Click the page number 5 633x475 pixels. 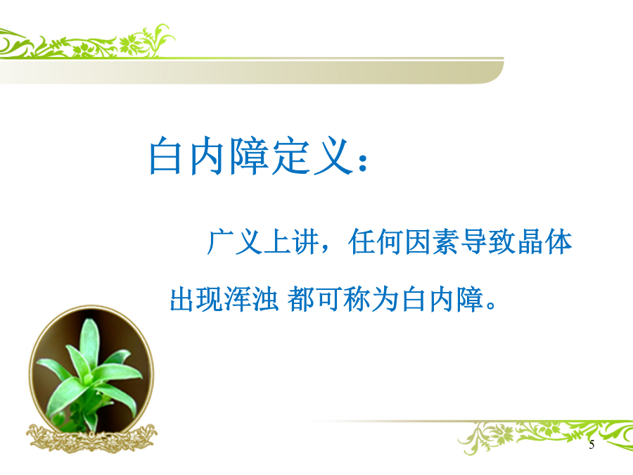(x=592, y=444)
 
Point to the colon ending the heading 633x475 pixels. (x=363, y=163)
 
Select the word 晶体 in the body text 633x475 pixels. (x=545, y=242)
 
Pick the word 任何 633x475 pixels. (x=376, y=242)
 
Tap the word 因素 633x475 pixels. (x=432, y=242)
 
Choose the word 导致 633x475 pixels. (x=489, y=242)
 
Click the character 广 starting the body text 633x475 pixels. (x=221, y=242)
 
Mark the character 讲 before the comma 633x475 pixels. (x=306, y=242)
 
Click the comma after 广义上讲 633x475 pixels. (x=325, y=248)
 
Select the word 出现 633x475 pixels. (x=196, y=299)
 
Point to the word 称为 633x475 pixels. (x=371, y=299)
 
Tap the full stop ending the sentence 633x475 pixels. (x=492, y=304)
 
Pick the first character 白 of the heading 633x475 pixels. (x=165, y=156)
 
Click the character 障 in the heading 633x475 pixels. (x=250, y=156)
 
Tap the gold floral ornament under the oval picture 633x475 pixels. (x=91, y=438)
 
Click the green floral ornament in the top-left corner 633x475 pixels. (x=87, y=42)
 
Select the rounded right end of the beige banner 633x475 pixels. (x=494, y=72)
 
